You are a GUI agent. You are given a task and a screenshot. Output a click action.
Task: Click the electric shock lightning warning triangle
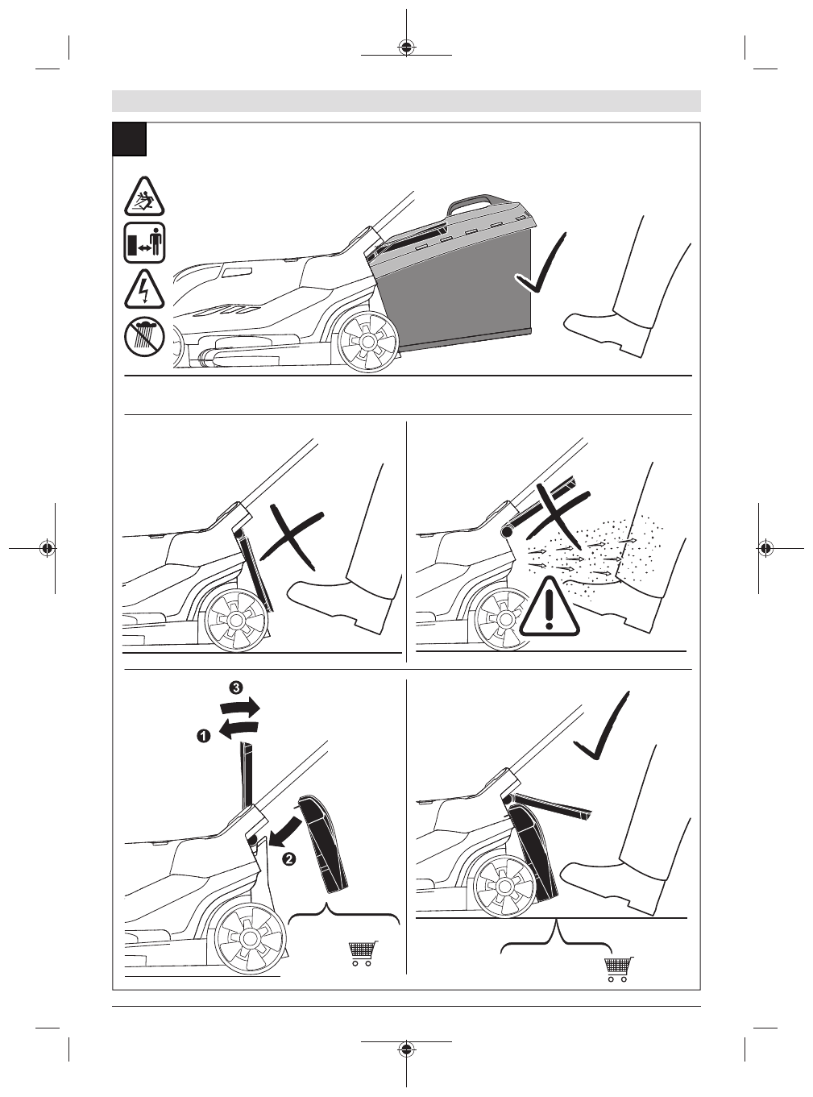pyautogui.click(x=144, y=290)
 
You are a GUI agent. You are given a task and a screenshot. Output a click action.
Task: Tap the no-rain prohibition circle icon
pyautogui.click(x=144, y=336)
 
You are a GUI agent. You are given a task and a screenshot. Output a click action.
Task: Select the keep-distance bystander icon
pyautogui.click(x=144, y=243)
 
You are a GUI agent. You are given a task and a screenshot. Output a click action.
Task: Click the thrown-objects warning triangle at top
pyautogui.click(x=144, y=197)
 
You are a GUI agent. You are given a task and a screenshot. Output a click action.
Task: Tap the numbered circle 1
pyautogui.click(x=204, y=736)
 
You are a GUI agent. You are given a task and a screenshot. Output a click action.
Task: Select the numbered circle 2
pyautogui.click(x=288, y=858)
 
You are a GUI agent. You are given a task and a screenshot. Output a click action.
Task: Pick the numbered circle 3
pyautogui.click(x=236, y=688)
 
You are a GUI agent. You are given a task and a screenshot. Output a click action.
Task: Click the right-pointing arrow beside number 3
pyautogui.click(x=240, y=707)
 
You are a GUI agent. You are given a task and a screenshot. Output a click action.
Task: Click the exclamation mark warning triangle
pyautogui.click(x=549, y=607)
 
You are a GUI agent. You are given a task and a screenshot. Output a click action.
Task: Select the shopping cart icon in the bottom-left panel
pyautogui.click(x=363, y=953)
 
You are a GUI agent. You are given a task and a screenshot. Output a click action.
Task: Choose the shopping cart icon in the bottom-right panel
pyautogui.click(x=619, y=969)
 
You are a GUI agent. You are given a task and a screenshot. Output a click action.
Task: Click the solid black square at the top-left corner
pyautogui.click(x=130, y=139)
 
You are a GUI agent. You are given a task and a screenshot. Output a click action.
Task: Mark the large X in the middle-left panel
pyautogui.click(x=292, y=537)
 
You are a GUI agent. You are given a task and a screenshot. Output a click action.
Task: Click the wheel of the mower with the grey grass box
pyautogui.click(x=368, y=341)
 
